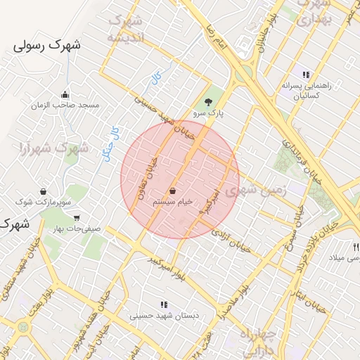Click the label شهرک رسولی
pos(47,46)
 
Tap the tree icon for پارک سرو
pos(207,101)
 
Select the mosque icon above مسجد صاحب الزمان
pos(65,95)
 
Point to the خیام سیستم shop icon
pos(173,191)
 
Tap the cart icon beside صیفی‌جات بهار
pos(76,218)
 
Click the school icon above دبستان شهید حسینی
pos(164,304)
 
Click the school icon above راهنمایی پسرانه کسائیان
pos(305,75)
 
